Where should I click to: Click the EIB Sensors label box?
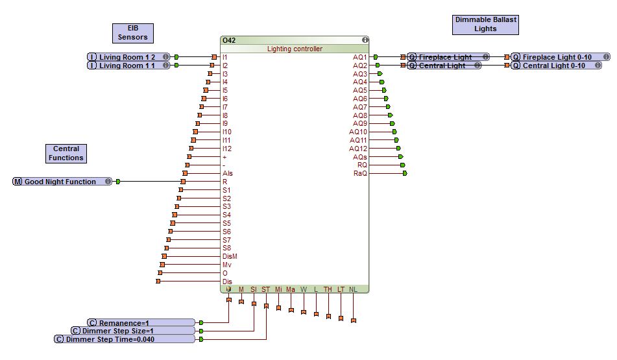click(132, 33)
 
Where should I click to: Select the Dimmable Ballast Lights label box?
click(485, 24)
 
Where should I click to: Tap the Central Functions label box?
click(66, 153)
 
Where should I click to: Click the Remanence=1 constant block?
click(142, 322)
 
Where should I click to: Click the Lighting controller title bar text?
click(295, 49)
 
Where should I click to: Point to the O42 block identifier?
click(229, 40)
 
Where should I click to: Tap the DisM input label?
click(230, 256)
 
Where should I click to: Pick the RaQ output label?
click(360, 173)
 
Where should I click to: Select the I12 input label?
click(227, 149)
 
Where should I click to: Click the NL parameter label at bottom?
click(353, 289)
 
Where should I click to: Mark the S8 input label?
click(226, 248)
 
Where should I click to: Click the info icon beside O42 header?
click(365, 40)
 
